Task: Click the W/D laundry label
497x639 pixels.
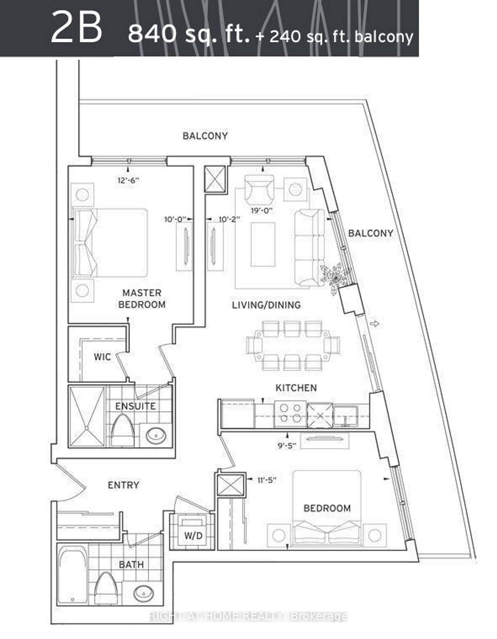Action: click(193, 535)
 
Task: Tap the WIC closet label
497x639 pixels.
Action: click(102, 357)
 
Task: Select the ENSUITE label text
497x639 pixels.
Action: click(135, 406)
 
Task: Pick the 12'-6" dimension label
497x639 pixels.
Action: click(128, 180)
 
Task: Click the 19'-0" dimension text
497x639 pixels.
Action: click(262, 210)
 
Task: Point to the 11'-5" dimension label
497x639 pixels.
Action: click(267, 480)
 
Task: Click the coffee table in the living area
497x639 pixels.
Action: click(263, 244)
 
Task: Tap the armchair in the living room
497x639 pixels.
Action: click(259, 190)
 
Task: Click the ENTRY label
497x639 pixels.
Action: click(124, 485)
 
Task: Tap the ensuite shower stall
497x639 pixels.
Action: click(87, 416)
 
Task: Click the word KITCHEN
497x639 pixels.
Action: click(296, 388)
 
